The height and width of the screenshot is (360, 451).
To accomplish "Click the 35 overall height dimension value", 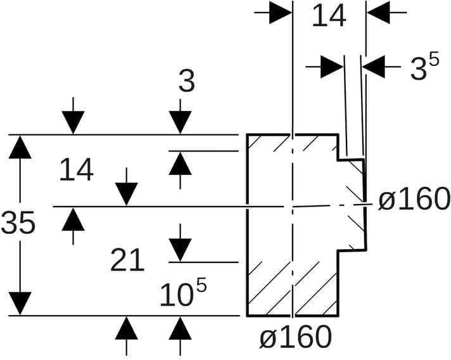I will (18, 223).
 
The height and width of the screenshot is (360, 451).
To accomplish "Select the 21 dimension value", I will (127, 260).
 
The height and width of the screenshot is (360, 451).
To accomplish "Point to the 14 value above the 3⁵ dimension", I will (329, 16).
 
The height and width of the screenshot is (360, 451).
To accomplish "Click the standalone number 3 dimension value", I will (186, 81).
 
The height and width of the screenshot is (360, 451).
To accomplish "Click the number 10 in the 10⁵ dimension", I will (174, 295).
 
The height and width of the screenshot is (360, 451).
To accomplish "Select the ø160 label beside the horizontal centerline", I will (414, 200).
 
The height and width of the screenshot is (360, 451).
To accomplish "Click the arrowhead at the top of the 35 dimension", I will (20, 147).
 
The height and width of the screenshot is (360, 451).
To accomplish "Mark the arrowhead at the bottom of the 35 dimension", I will (20, 303).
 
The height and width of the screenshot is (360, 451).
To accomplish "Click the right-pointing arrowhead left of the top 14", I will (279, 13).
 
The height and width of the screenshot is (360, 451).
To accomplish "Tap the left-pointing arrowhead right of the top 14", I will (378, 13).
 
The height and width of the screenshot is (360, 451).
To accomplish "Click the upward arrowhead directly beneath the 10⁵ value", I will (181, 328).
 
